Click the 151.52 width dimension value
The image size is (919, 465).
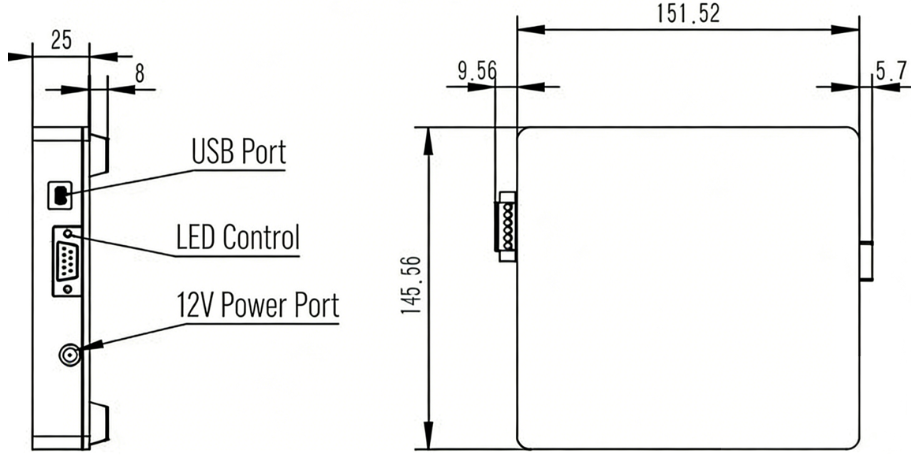(687, 13)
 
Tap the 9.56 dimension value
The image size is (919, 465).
(476, 72)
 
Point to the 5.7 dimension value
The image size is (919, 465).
(891, 72)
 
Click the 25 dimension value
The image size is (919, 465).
(61, 40)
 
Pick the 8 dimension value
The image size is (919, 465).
(140, 74)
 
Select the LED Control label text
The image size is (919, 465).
(238, 237)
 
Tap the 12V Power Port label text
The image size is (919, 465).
(258, 305)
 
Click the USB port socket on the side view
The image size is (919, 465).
(60, 195)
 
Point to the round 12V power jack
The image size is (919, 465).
(69, 355)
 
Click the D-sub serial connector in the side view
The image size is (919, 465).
(67, 261)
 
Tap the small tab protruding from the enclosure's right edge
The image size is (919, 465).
(866, 261)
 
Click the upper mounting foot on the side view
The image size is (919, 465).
(99, 156)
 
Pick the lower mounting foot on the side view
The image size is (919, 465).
(99, 423)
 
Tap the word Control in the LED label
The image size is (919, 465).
(261, 237)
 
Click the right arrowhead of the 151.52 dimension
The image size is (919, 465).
(846, 30)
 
